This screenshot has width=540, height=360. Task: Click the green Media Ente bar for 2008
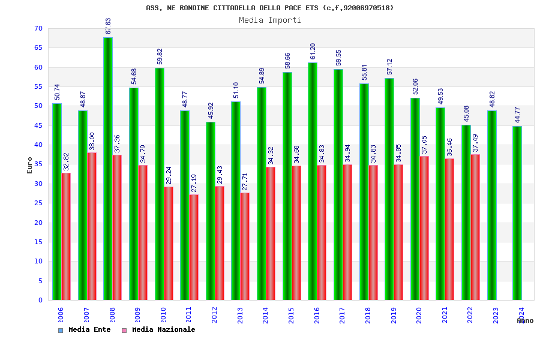click(108, 169)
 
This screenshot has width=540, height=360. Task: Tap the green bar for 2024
click(517, 213)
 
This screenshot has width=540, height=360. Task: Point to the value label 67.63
click(108, 26)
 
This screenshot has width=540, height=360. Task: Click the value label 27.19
click(194, 184)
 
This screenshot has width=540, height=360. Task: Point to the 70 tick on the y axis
click(38, 29)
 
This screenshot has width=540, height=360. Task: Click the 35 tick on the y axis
click(38, 164)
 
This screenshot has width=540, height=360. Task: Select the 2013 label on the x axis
click(240, 316)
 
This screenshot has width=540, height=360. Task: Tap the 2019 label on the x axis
click(394, 316)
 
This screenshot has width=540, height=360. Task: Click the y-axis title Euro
click(30, 165)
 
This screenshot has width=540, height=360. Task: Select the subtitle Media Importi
click(270, 20)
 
